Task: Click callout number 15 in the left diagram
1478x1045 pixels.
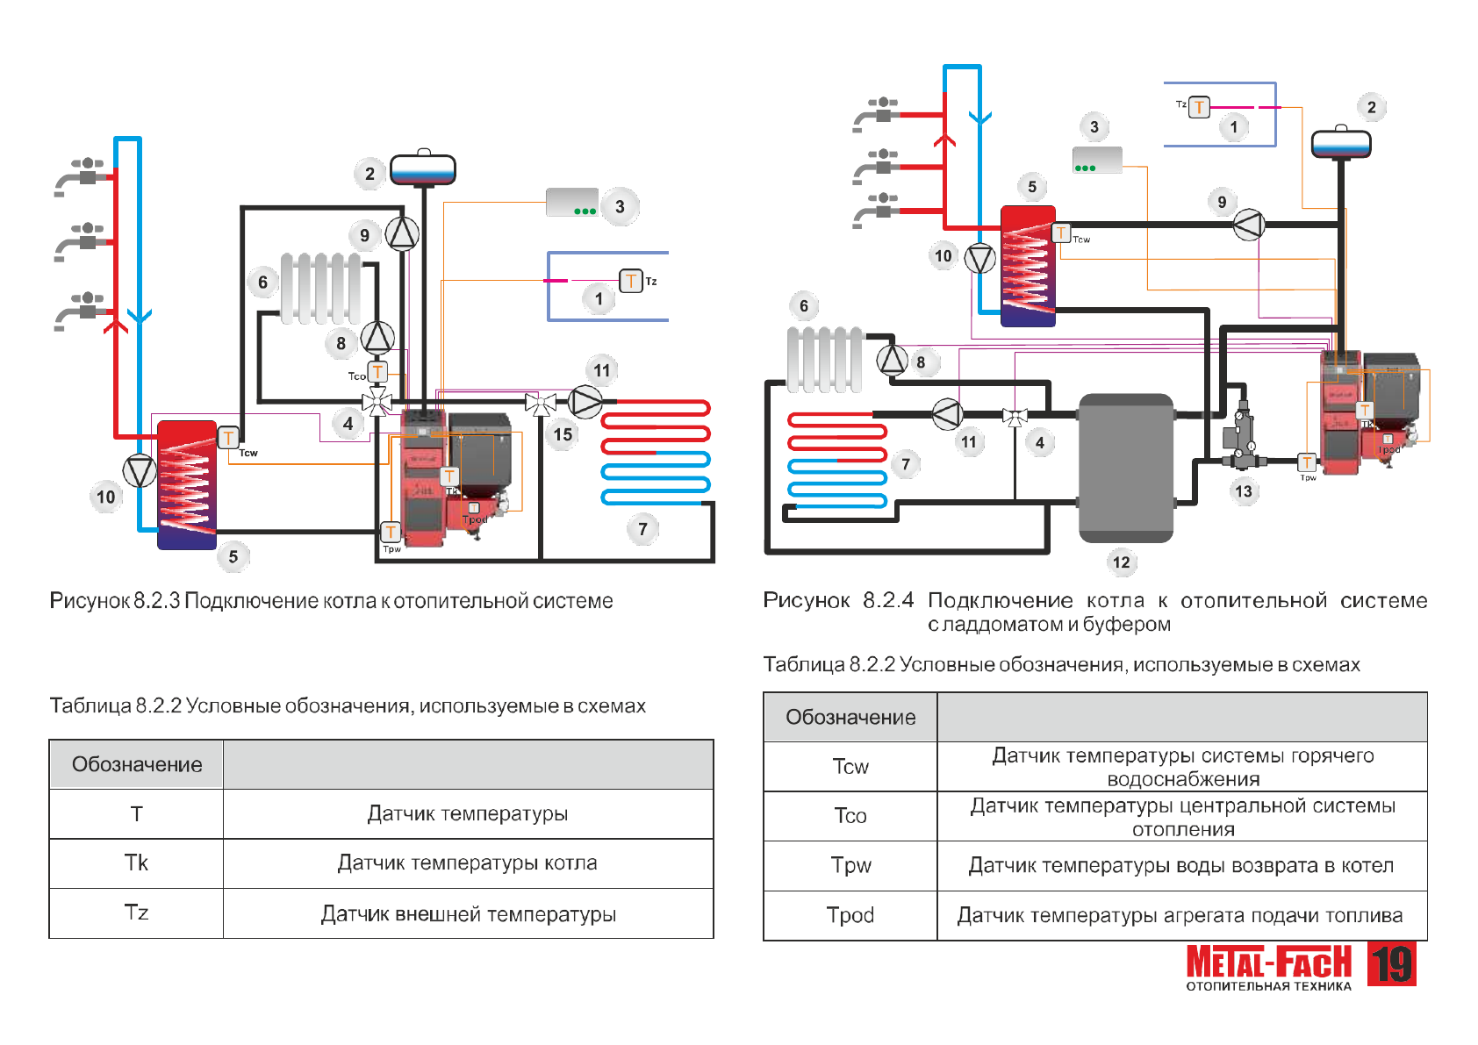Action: [563, 434]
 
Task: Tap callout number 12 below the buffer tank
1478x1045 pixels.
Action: [1121, 562]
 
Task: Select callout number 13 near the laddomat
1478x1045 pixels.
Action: [1244, 491]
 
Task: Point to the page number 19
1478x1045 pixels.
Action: [1392, 964]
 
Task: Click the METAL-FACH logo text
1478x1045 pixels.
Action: [1268, 963]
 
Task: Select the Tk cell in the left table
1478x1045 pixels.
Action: [137, 863]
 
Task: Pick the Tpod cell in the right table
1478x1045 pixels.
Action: [850, 915]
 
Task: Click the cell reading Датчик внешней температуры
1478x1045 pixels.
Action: [468, 914]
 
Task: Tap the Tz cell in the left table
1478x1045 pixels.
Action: [137, 913]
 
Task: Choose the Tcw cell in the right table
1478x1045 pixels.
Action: [850, 767]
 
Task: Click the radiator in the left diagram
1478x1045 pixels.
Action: [320, 289]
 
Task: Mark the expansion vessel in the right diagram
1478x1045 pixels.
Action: [1341, 143]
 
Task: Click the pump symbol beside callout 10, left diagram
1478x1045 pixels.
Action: [140, 471]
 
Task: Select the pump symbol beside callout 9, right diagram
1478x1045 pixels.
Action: [1248, 225]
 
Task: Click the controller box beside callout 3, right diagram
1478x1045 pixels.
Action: [1097, 160]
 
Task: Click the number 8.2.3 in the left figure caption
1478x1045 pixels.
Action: [157, 601]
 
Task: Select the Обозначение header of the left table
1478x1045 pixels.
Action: [137, 764]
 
